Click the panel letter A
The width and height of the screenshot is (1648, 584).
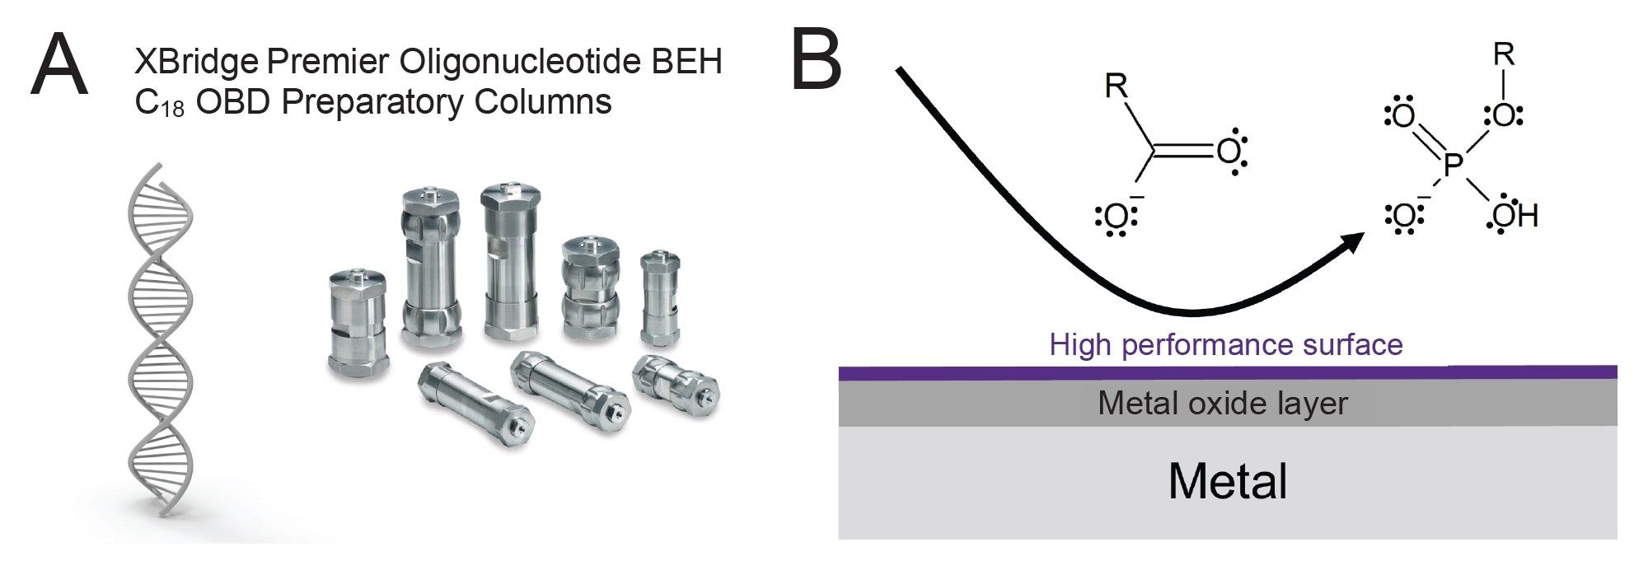(x=59, y=65)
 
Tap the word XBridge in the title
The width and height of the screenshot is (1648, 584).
(x=194, y=62)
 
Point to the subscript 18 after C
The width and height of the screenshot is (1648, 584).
(x=172, y=110)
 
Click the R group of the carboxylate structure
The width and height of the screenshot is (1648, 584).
(x=1116, y=85)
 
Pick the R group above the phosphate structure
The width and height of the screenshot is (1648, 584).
(x=1504, y=55)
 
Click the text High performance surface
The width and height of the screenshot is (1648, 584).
(x=1226, y=344)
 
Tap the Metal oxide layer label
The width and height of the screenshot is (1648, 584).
(x=1222, y=403)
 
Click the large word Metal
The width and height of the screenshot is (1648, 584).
(x=1227, y=481)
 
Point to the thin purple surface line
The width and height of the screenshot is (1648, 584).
(x=1227, y=372)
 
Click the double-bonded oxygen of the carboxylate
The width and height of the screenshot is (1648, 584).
(x=1229, y=152)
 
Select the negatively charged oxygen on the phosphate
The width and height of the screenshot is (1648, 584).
(x=1402, y=216)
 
